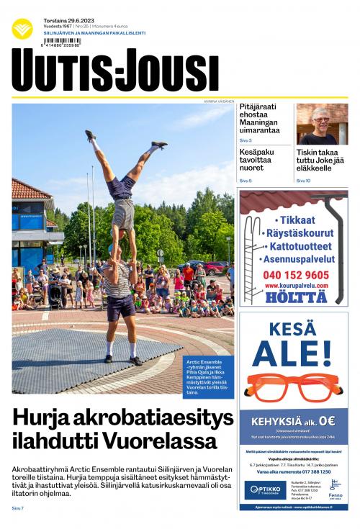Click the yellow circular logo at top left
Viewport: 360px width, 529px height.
(22, 29)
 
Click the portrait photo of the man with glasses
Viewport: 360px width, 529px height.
(322, 124)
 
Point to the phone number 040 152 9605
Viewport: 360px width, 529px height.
(295, 275)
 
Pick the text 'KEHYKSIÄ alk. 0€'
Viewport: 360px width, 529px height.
(293, 422)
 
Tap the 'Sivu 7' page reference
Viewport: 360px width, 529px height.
(18, 509)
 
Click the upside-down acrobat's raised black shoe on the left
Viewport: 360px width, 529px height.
(90, 135)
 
